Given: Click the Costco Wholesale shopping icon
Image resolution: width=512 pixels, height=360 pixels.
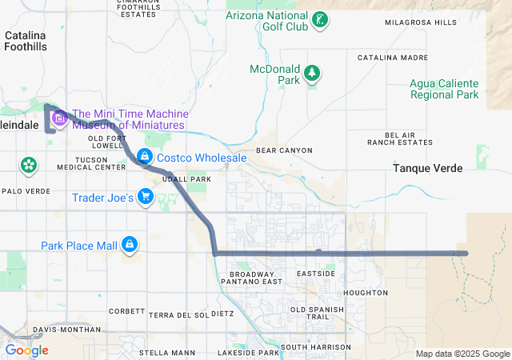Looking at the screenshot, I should pyautogui.click(x=145, y=158).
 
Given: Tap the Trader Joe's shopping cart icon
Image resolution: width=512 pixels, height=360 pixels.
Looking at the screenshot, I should pyautogui.click(x=145, y=196).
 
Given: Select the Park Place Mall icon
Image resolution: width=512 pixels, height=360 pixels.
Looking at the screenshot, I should pyautogui.click(x=129, y=244).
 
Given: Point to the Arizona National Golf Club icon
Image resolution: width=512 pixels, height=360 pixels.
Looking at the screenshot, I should pyautogui.click(x=319, y=20).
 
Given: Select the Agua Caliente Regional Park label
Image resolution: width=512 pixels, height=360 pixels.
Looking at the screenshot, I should pyautogui.click(x=444, y=89).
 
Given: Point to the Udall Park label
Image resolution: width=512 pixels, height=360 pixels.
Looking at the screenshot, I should pyautogui.click(x=186, y=179).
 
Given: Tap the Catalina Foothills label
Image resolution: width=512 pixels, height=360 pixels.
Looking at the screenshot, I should pyautogui.click(x=26, y=41).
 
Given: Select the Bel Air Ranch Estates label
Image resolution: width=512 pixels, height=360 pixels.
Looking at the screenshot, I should pyautogui.click(x=400, y=138).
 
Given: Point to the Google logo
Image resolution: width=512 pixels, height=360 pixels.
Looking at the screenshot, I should pyautogui.click(x=26, y=350).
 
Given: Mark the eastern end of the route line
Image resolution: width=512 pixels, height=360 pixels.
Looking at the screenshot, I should pyautogui.click(x=465, y=253).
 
